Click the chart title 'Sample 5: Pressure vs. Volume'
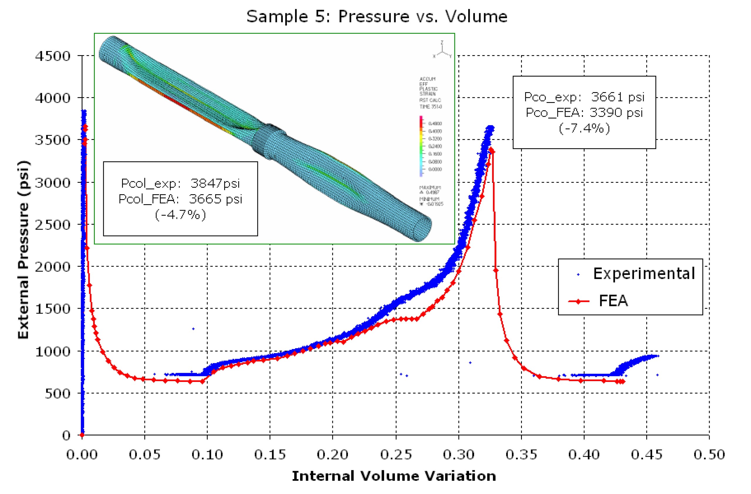point(377,16)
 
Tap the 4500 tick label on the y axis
point(53,56)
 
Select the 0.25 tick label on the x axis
point(396,455)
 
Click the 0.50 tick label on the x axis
point(709,455)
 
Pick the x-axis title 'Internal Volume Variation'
point(394,476)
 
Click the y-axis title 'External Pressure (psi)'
point(24,250)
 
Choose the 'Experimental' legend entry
point(644,273)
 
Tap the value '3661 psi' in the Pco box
point(618,97)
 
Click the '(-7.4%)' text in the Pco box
point(584,128)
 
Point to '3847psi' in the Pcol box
point(215,183)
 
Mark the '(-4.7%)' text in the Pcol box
point(180,215)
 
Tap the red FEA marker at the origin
point(82,435)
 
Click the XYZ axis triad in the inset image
point(442,50)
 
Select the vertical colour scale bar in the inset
point(421,146)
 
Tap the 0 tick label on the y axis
point(66,435)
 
